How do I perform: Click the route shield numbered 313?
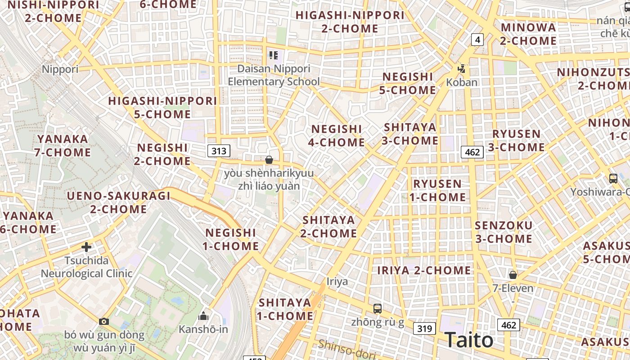pos(219,150)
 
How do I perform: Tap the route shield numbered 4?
pos(477,40)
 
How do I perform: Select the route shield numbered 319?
pos(424,328)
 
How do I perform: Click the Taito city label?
pos(469,340)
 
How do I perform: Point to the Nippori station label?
pos(60,69)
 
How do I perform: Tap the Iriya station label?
pos(337,282)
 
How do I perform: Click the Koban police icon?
pos(461,69)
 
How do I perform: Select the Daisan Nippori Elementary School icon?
pos(273,55)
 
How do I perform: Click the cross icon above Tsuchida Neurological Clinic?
pos(86,247)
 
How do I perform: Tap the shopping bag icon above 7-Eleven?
pos(513,274)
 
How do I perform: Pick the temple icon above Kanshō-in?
pos(203,316)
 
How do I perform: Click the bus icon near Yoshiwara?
pos(613,178)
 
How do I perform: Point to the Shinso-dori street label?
pos(346,351)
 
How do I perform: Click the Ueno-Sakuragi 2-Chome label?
pos(119,202)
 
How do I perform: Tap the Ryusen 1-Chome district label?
pos(437,190)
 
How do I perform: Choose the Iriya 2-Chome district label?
pos(424,270)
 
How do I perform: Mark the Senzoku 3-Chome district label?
pos(504,232)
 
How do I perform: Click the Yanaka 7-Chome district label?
pos(63,146)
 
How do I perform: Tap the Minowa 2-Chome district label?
pos(528,34)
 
